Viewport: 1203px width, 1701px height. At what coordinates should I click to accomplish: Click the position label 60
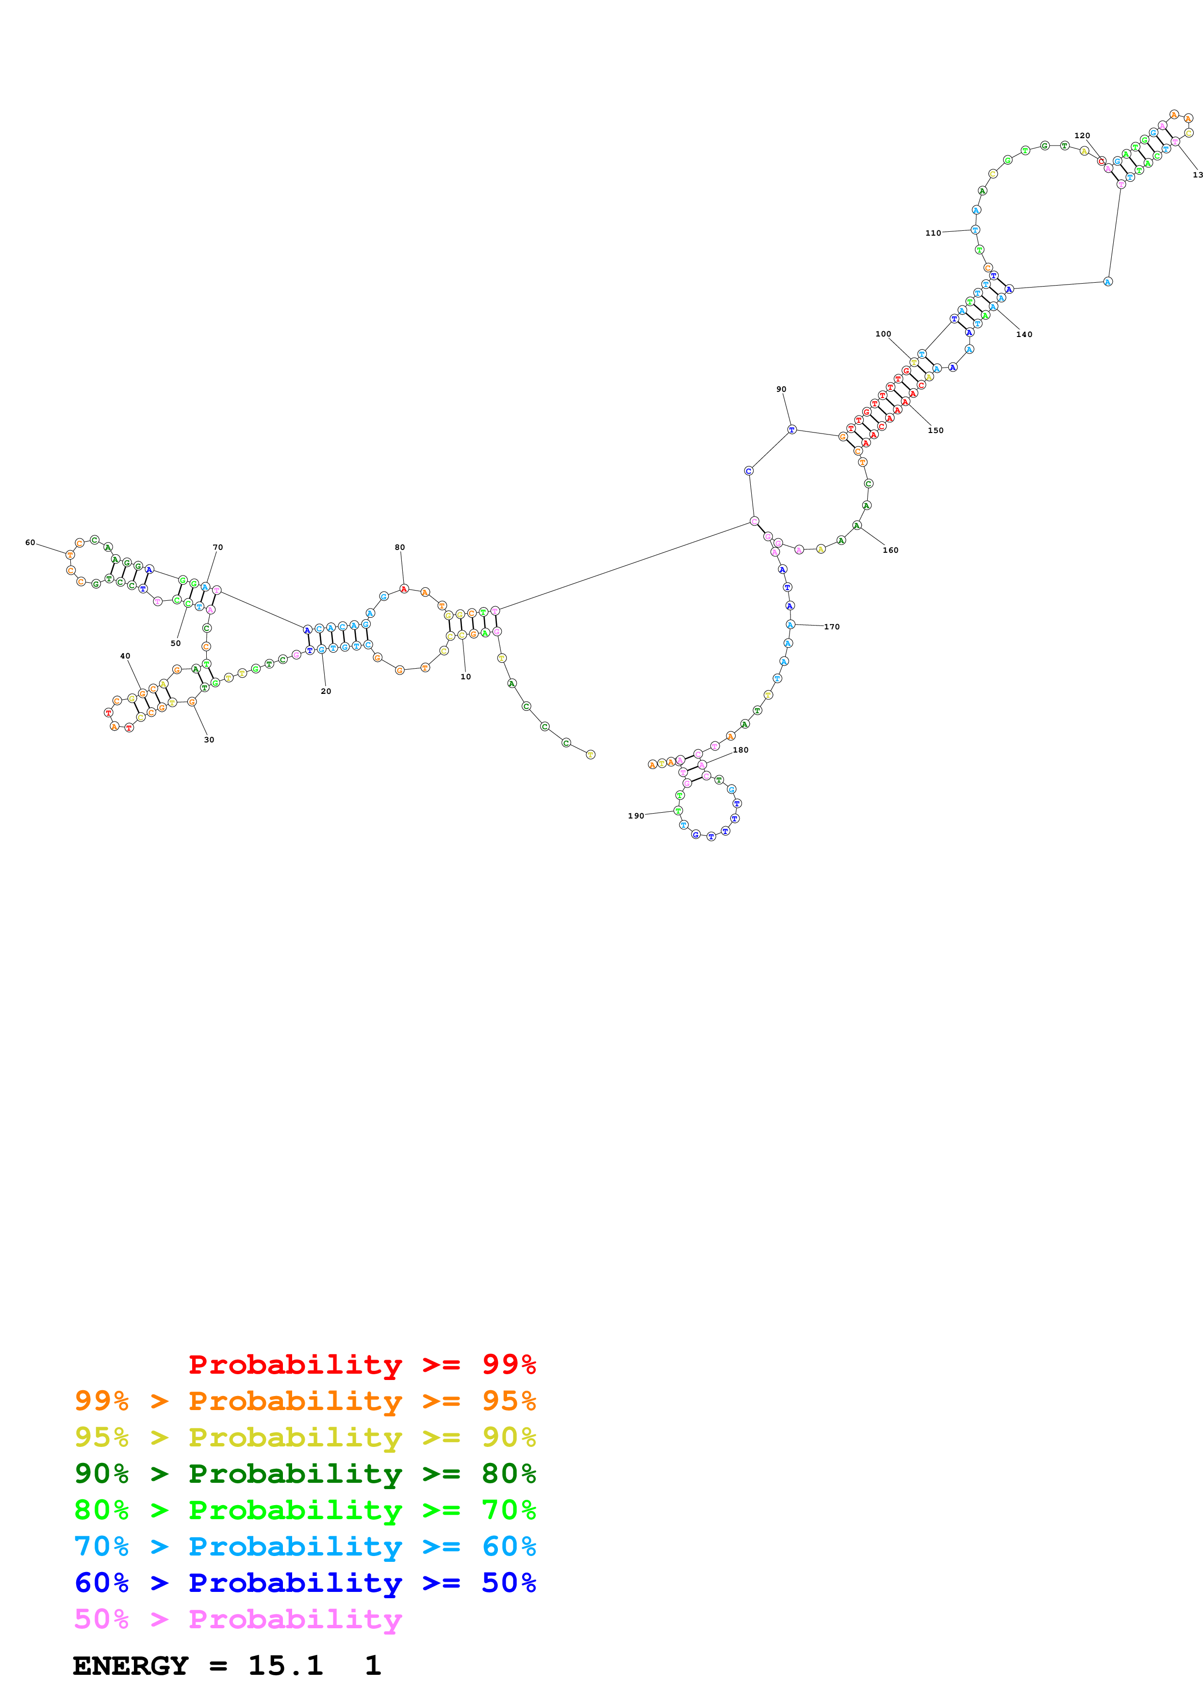30,542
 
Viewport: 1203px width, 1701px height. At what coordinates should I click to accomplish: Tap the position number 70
218,547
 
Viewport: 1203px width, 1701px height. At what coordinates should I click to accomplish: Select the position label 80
399,547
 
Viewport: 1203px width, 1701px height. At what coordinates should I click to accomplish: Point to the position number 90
781,389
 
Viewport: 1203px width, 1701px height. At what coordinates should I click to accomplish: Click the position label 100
883,334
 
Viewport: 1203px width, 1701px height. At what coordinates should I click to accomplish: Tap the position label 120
1082,136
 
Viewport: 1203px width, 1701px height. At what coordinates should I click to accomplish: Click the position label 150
936,431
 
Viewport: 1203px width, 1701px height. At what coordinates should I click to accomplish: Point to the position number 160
890,550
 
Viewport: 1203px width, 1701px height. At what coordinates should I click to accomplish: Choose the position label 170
832,627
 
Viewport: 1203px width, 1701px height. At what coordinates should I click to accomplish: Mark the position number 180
741,750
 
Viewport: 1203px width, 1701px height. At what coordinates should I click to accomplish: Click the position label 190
636,816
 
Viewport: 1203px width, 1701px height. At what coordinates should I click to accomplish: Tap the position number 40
125,656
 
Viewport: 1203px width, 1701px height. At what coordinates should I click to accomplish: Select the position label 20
326,691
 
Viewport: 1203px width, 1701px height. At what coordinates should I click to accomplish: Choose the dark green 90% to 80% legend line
305,1474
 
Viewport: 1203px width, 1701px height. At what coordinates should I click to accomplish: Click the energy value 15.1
285,1666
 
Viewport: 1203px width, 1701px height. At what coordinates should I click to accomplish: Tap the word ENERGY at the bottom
131,1666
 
